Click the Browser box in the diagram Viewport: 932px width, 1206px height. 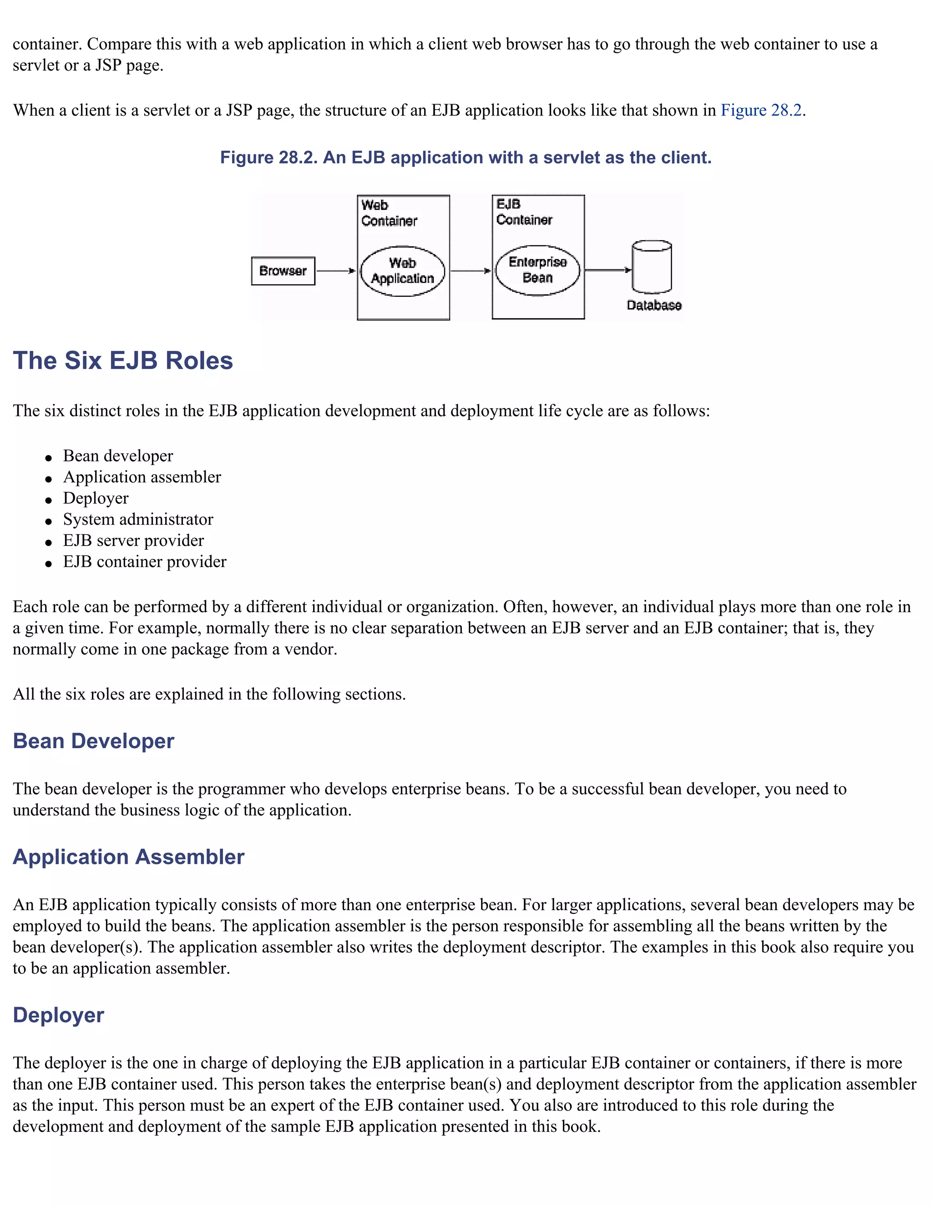(x=283, y=271)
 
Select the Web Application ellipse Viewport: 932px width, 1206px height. (x=402, y=271)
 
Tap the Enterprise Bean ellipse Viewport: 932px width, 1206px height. (x=537, y=270)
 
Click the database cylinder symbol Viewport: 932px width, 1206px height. (x=652, y=267)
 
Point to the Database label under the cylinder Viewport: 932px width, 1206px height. (x=654, y=305)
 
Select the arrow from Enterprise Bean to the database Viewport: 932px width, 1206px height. (x=608, y=270)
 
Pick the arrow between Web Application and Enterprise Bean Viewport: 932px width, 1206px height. (x=471, y=271)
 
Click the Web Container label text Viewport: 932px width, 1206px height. (x=389, y=213)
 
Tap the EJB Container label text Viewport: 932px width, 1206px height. (x=523, y=212)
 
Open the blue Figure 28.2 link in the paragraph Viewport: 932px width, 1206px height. (x=761, y=111)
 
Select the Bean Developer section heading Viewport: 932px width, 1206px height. (x=93, y=741)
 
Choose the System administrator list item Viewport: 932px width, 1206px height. (x=138, y=520)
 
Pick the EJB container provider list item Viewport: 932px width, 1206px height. (x=145, y=562)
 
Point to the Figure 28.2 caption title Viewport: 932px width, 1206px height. (x=466, y=158)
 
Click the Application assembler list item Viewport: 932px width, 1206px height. (x=142, y=477)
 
